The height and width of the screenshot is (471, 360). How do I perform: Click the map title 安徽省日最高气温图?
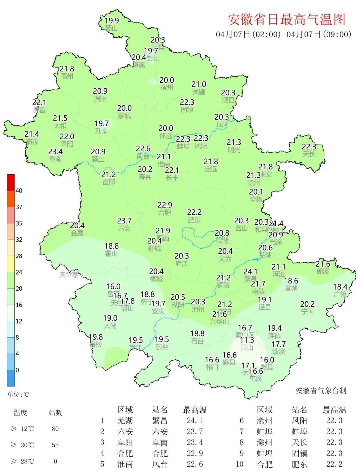pos(286,20)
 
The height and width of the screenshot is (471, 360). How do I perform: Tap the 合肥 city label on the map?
pos(164,213)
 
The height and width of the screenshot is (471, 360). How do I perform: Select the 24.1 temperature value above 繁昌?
pos(250,272)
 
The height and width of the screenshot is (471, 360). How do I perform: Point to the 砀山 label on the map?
pos(112,28)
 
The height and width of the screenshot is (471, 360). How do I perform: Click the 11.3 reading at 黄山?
pos(247,340)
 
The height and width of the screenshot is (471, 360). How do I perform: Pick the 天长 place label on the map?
pos(309,154)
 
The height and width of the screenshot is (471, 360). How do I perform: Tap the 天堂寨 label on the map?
pos(69,275)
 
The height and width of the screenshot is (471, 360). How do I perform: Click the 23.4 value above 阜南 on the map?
pos(55,152)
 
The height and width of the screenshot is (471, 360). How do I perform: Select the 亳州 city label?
pos(67,76)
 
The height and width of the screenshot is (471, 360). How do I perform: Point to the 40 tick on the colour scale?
pos(19,191)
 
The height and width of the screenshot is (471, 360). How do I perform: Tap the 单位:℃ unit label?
pos(18,395)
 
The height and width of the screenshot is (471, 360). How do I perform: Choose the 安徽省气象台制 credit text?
pos(321,391)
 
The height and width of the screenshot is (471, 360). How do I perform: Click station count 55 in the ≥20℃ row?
pos(55,445)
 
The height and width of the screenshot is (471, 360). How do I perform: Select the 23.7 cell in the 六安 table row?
pos(195,432)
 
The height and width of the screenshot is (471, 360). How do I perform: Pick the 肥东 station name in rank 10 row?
pos(299,464)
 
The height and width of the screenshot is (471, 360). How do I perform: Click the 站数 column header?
pos(55,413)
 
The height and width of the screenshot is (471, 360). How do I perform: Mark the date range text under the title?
pos(283,34)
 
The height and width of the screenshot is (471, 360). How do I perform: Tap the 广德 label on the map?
pos(340,294)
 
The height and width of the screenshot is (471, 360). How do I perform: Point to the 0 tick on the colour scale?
pos(17,370)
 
